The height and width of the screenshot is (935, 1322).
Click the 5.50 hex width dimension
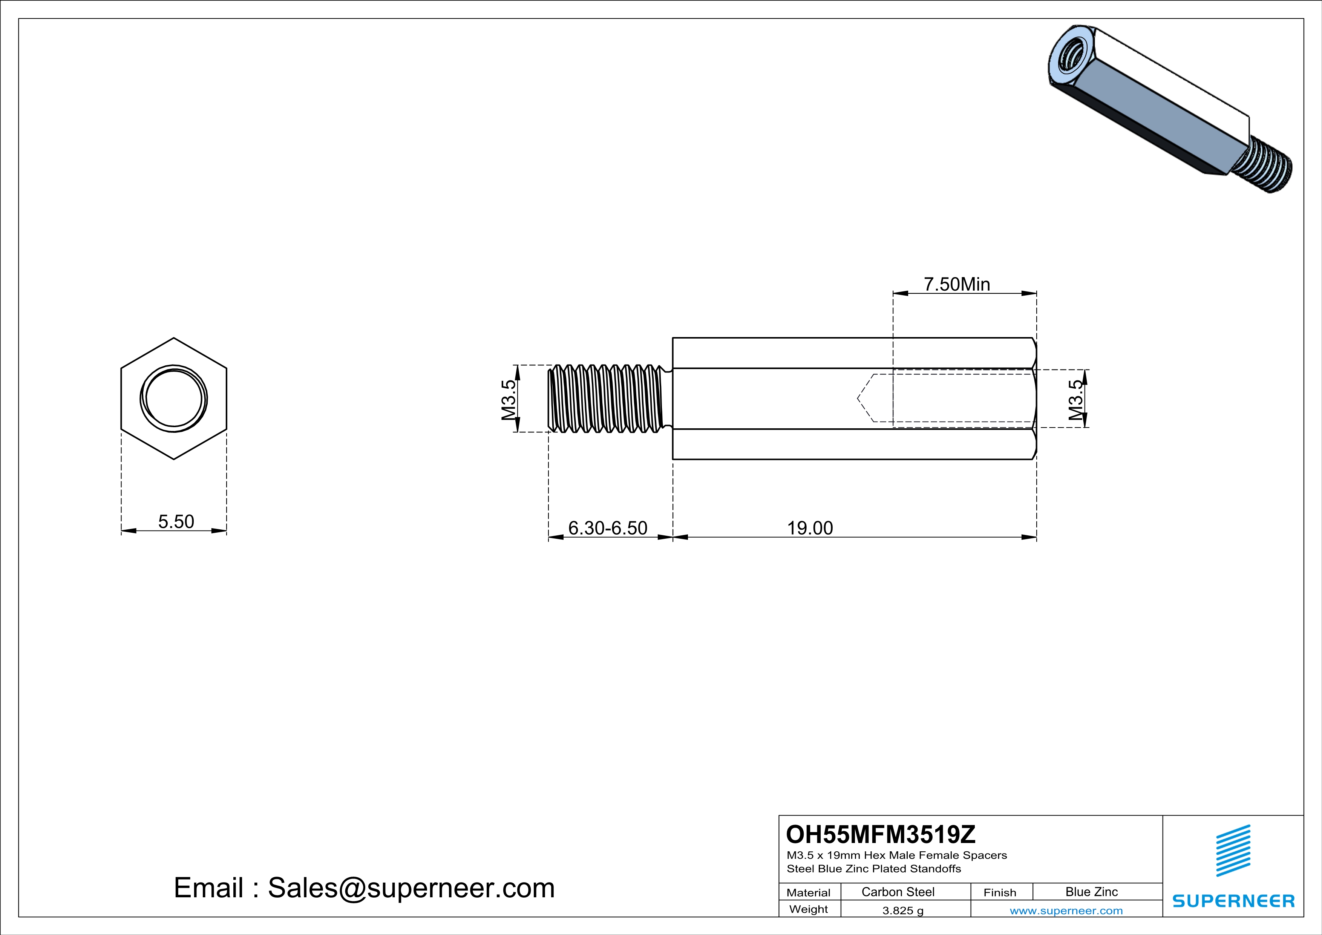point(176,522)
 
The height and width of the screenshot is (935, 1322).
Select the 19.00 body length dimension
point(810,528)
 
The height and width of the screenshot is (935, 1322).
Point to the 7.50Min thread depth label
point(957,284)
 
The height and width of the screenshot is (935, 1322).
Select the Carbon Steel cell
point(898,892)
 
